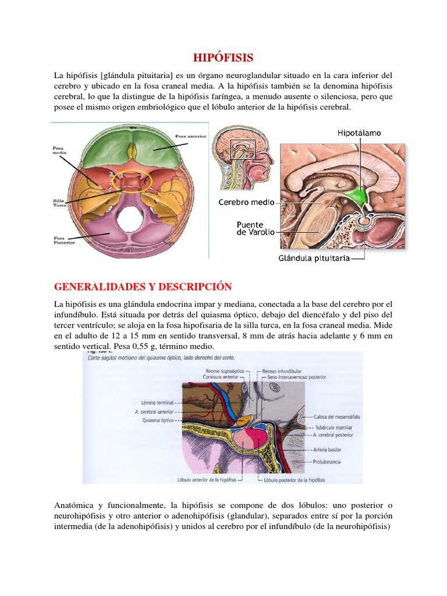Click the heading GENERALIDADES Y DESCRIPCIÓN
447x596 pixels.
143,287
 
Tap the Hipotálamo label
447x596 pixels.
359,133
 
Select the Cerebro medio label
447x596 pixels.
247,203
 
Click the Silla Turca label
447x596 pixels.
62,203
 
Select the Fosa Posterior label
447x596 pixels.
62,240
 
